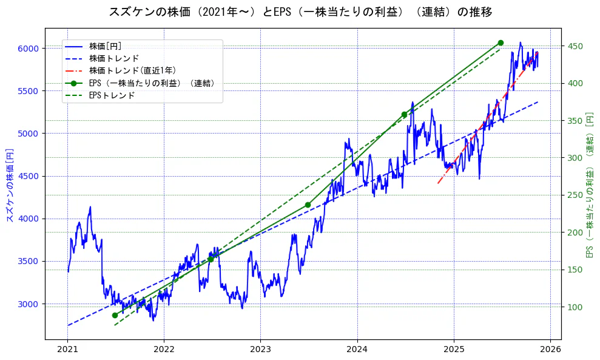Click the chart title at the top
point(300,12)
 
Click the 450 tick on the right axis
point(574,46)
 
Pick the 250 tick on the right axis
point(574,195)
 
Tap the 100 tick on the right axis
point(574,307)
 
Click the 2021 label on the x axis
point(68,350)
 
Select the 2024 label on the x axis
point(357,350)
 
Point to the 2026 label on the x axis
point(550,350)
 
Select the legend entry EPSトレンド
point(112,95)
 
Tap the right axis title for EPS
point(589,184)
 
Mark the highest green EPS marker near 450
point(501,42)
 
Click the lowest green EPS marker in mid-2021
point(115,315)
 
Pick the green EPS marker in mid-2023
point(308,205)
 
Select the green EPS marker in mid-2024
point(404,114)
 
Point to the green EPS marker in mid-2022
point(211,259)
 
